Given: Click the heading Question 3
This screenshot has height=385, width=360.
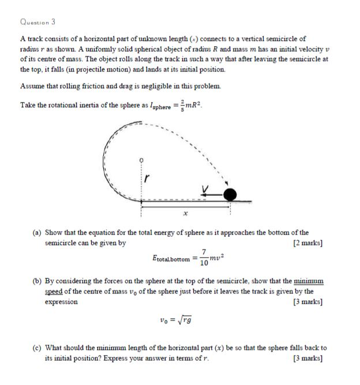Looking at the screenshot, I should [37, 21].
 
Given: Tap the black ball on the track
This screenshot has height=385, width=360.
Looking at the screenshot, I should [230, 194].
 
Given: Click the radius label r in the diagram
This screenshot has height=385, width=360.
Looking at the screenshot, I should [146, 179].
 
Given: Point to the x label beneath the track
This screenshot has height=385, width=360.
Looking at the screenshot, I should [185, 213].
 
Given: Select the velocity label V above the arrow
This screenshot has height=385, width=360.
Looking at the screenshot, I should [204, 187].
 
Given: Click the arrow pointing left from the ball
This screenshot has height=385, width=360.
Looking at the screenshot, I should [210, 194].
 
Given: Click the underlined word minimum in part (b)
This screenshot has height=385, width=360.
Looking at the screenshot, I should [309, 281].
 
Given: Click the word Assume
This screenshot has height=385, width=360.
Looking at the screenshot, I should [33, 86].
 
